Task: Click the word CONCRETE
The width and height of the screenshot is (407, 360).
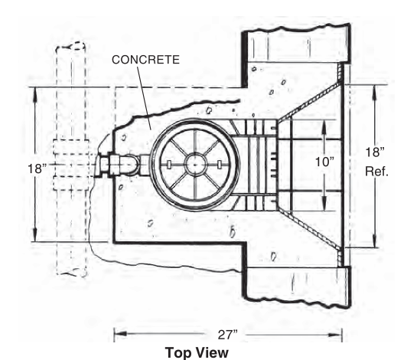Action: [x=145, y=60]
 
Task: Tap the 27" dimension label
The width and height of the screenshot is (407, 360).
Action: [x=228, y=335]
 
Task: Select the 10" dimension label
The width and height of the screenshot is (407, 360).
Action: [x=325, y=162]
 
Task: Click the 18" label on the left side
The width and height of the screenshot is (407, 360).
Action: [x=37, y=169]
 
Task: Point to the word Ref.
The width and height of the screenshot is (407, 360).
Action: [x=376, y=172]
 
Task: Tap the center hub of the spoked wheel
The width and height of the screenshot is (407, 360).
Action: [x=195, y=165]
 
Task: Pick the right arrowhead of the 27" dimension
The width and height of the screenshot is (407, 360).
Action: [x=336, y=335]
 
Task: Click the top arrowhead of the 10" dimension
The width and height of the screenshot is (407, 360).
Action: [x=324, y=127]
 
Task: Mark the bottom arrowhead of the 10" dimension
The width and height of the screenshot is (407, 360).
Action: [x=324, y=204]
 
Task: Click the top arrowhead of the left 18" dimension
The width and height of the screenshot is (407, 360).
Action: [x=35, y=94]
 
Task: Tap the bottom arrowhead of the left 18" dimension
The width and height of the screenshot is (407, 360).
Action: [x=35, y=234]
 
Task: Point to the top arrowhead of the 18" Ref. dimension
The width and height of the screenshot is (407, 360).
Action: [x=374, y=92]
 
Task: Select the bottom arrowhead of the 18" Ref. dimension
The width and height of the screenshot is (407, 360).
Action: [x=374, y=241]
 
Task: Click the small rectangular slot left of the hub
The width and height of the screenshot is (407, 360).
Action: [x=168, y=165]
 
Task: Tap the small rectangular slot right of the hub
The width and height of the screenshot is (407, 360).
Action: [x=220, y=165]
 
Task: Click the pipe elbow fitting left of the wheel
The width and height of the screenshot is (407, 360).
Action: [x=132, y=164]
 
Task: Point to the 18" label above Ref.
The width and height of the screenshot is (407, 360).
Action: [x=375, y=152]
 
